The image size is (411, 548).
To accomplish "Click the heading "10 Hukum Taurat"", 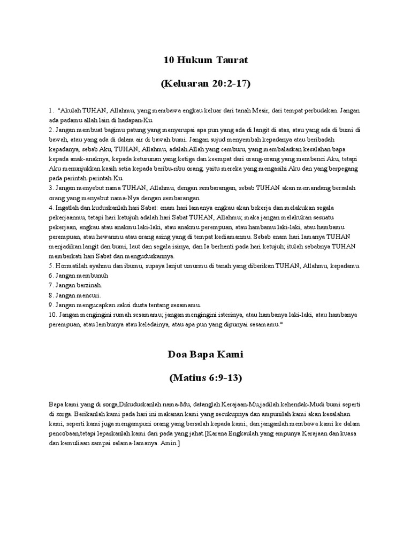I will pyautogui.click(x=205, y=60).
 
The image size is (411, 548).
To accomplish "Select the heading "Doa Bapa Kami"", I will pyautogui.click(x=205, y=354).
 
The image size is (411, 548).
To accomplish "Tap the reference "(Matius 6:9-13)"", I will pyautogui.click(x=205, y=378).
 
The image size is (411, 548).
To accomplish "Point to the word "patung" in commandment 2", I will pyautogui.click(x=130, y=130).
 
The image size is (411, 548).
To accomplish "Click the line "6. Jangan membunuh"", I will pyautogui.click(x=78, y=276).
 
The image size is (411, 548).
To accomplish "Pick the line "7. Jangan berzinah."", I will pyautogui.click(x=76, y=285).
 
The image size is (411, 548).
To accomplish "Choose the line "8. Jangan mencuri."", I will pyautogui.click(x=74, y=295).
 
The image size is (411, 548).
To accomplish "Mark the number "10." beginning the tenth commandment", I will pyautogui.click(x=52, y=315).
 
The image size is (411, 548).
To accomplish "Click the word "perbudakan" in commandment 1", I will pyautogui.click(x=316, y=111).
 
